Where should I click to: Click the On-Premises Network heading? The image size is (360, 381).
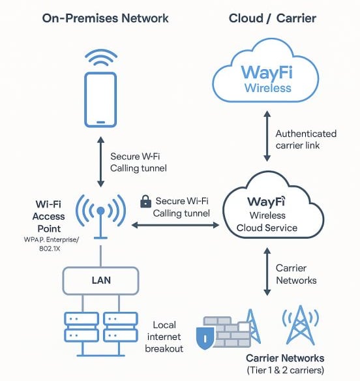point(105,18)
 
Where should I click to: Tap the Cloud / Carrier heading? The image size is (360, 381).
point(273,18)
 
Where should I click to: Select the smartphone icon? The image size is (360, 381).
point(100,100)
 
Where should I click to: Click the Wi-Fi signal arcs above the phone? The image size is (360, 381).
point(101,57)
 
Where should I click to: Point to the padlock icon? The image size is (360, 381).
point(145,202)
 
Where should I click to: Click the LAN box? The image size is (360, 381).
point(101,281)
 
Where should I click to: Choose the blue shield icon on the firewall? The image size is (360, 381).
point(205,338)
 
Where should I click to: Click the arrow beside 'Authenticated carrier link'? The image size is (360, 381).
point(267,136)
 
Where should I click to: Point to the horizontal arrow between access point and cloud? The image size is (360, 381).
point(175,225)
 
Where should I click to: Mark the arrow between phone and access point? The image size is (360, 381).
point(101,162)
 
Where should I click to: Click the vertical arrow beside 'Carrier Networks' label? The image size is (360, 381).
point(267,271)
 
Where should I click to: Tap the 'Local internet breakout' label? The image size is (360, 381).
point(164,337)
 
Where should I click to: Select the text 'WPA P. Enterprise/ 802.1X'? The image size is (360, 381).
point(52,244)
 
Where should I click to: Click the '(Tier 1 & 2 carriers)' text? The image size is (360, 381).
point(286,371)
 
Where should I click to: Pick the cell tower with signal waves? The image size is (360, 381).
point(301,325)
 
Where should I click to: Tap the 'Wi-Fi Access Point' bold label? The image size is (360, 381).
point(48,216)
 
